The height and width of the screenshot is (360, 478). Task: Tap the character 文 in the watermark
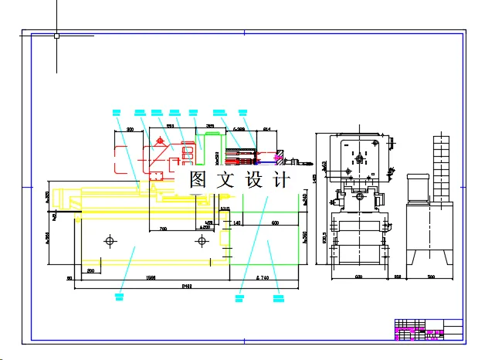224,181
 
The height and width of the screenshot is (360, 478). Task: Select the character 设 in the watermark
253,181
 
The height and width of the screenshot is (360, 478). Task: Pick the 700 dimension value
163,228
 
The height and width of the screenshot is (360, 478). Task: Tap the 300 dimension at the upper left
130,130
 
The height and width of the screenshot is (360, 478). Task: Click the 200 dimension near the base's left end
90,270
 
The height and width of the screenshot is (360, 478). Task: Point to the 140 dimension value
237,222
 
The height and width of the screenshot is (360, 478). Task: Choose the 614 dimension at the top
267,129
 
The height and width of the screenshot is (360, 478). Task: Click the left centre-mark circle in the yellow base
109,242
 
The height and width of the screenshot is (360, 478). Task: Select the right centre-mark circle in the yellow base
202,241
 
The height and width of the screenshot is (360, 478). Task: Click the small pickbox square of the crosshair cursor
56,35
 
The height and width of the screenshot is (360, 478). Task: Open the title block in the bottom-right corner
428,329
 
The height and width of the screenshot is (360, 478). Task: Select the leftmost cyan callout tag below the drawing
119,294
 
